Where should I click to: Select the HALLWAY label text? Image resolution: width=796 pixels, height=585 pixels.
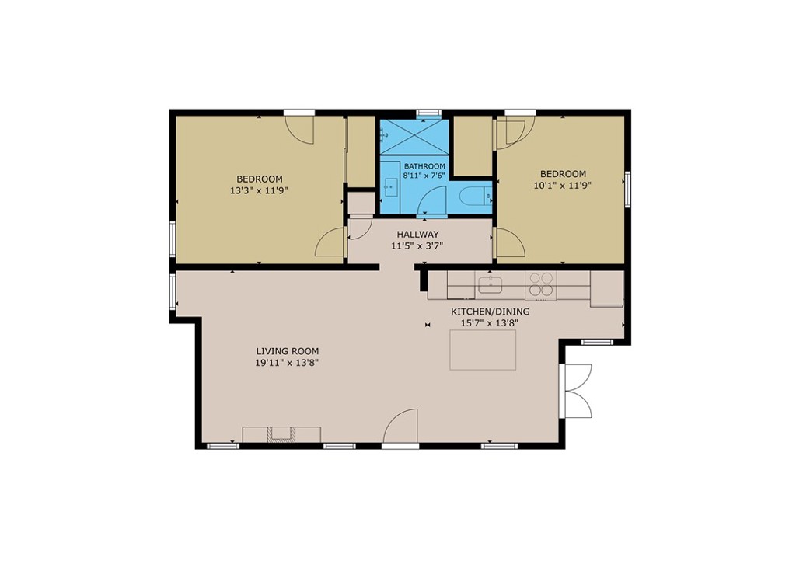[x=417, y=235]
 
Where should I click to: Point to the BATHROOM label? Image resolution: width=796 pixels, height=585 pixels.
[x=424, y=166]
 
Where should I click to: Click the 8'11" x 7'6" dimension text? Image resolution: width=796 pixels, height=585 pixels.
[x=424, y=176]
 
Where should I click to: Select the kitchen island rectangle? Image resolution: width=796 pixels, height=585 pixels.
[x=483, y=350]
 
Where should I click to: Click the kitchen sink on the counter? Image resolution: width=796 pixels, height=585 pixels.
[x=491, y=285]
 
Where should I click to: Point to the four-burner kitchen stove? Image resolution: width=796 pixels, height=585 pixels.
[x=540, y=285]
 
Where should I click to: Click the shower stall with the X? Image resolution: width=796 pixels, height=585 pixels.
[x=414, y=138]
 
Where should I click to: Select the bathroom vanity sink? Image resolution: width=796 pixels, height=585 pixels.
[x=390, y=186]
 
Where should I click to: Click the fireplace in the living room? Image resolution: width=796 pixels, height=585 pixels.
[x=281, y=434]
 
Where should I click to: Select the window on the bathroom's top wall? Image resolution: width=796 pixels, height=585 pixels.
[x=428, y=113]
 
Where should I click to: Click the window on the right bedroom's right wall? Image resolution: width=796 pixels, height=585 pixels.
[x=627, y=189]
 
